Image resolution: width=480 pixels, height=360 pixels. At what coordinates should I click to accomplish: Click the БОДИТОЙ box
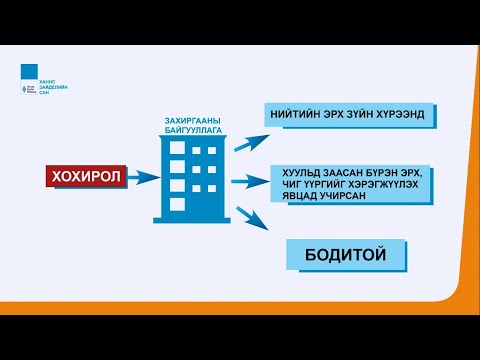pyautogui.click(x=344, y=255)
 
